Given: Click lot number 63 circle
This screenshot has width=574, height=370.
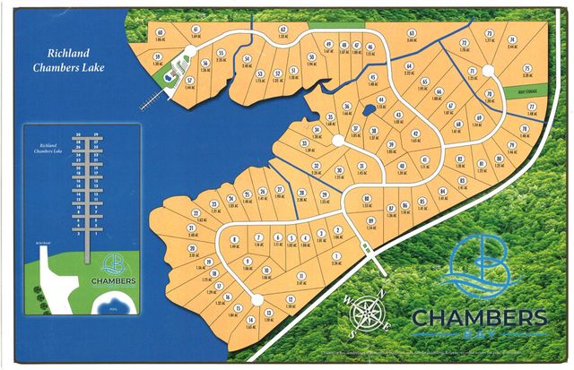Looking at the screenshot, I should (x=412, y=32).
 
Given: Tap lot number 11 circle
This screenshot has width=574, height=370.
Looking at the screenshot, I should (x=301, y=276).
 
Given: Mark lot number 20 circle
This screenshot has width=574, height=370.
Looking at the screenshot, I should (x=192, y=247).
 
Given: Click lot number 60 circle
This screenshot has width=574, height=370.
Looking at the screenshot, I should (x=160, y=32).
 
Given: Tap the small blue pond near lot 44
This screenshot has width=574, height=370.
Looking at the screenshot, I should (x=370, y=113).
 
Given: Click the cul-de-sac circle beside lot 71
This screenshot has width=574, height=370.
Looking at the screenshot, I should (x=489, y=70).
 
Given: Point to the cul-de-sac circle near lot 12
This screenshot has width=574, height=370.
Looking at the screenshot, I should (x=257, y=299).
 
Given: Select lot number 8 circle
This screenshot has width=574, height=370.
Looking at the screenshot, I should (x=234, y=239).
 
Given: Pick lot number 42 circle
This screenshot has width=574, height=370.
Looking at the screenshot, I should (x=415, y=133).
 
